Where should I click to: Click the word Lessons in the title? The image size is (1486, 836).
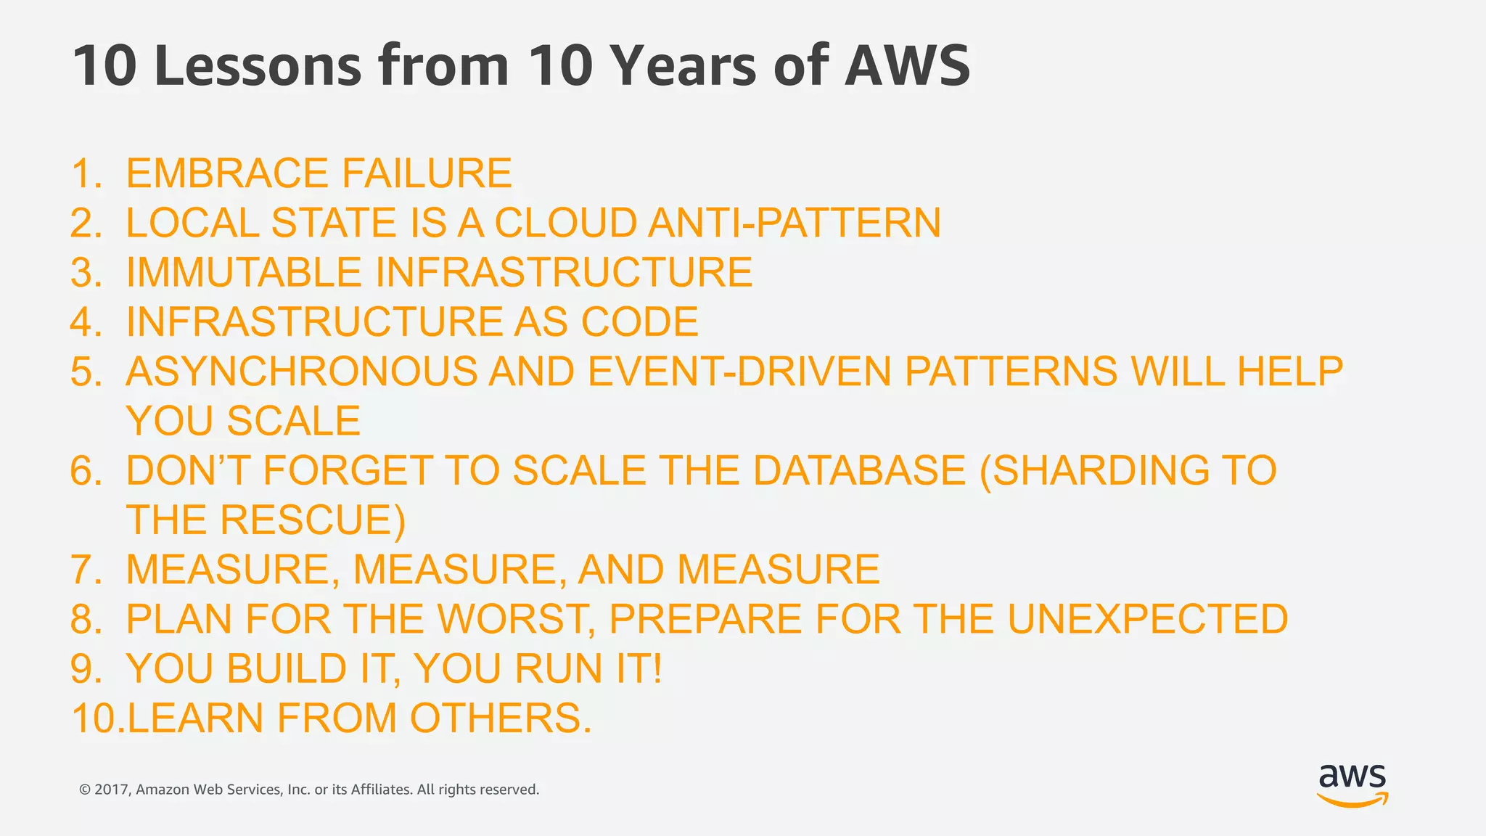258,66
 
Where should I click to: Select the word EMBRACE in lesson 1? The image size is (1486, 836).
227,173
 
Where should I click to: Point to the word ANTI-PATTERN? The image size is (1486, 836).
795,223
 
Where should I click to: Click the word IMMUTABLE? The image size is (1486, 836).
244,272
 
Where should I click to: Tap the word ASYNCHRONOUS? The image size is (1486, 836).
301,372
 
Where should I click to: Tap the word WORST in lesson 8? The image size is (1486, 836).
516,619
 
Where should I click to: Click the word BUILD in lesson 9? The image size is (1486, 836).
287,668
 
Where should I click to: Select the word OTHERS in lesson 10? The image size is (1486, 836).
501,718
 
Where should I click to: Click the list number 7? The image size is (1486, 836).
85,570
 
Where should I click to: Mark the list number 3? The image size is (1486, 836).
85,272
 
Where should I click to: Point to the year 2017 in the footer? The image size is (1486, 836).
112,790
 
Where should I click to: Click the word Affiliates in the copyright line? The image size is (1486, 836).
381,790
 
